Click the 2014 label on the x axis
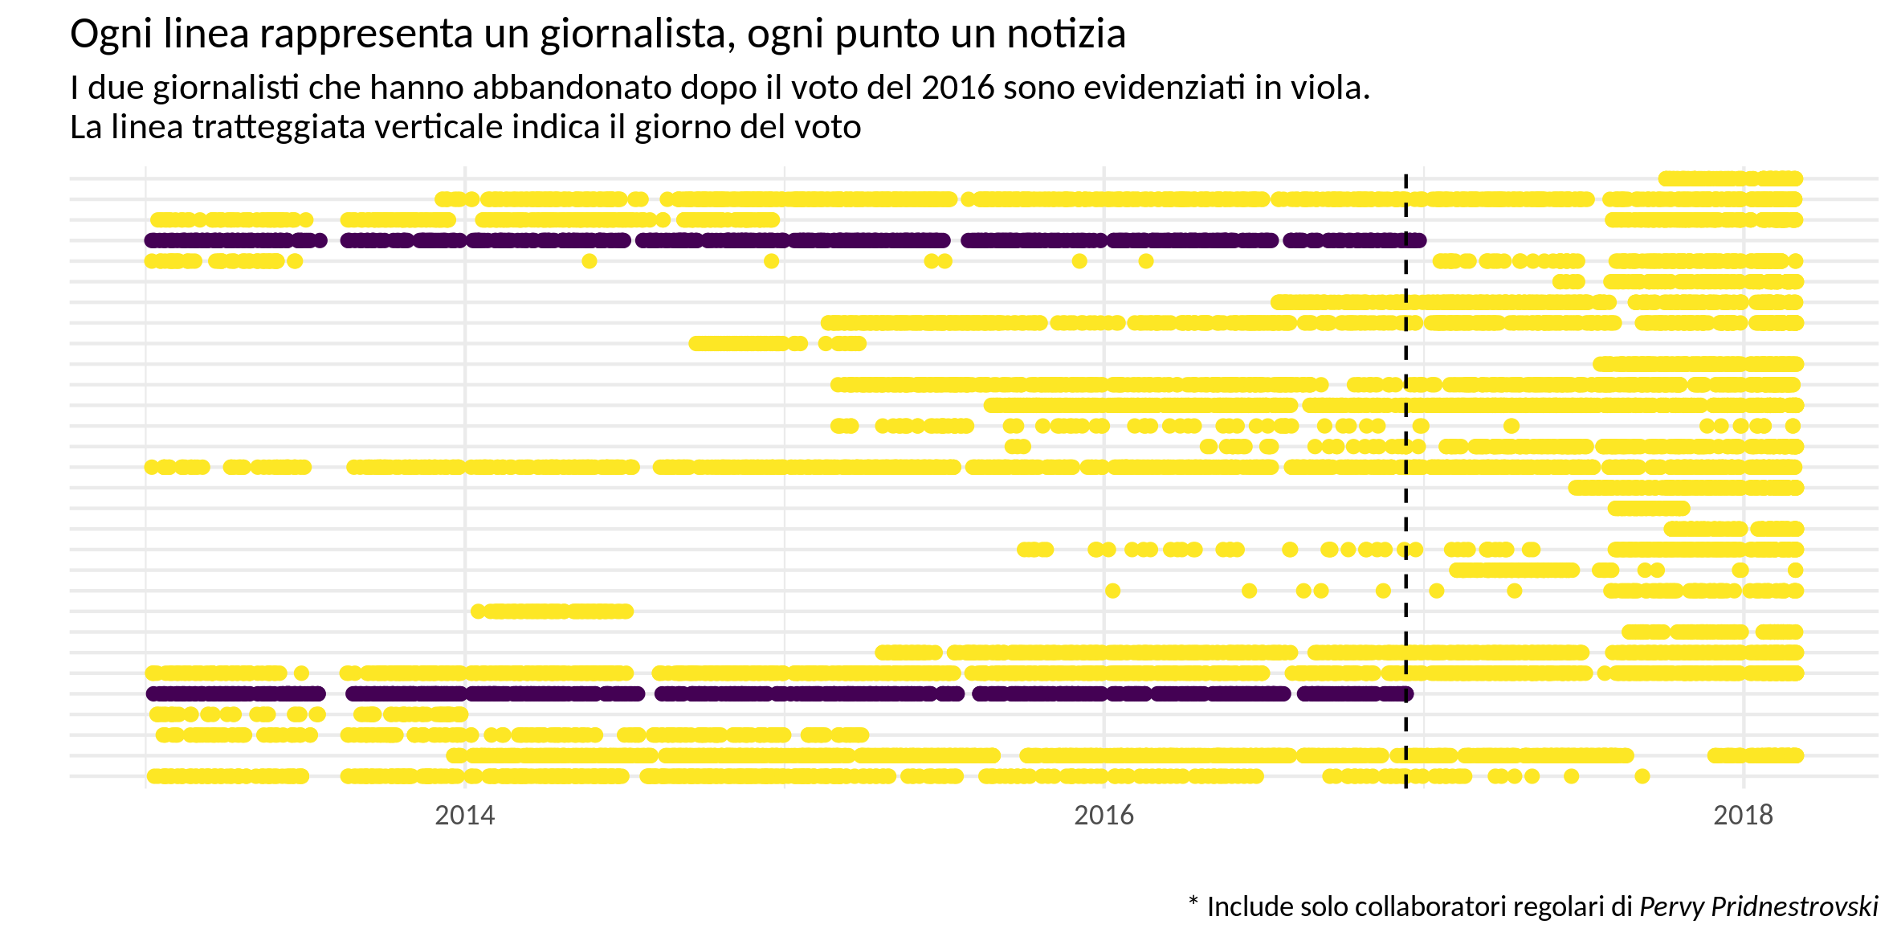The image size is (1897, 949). (x=464, y=816)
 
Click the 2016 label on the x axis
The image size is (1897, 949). (x=1104, y=816)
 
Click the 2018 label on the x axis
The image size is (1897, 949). (x=1743, y=816)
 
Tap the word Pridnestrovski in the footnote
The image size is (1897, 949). (x=1795, y=907)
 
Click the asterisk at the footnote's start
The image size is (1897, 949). (x=1193, y=902)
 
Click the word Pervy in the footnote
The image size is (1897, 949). (x=1672, y=907)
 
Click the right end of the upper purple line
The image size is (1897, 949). (x=1419, y=240)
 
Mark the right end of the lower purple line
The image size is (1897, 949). (x=1406, y=693)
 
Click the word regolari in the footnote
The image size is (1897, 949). (x=1560, y=907)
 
